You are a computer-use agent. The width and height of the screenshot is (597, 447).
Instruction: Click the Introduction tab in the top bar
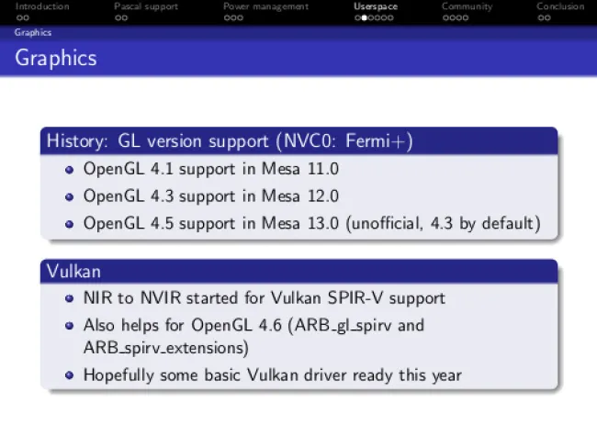[x=42, y=6]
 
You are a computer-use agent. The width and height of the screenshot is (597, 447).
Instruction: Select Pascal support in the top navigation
[x=146, y=6]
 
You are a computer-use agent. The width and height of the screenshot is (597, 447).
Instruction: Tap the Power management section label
[x=265, y=6]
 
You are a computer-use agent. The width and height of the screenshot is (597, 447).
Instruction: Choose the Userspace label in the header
[x=376, y=6]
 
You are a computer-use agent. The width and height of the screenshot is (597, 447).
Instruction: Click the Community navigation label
[x=467, y=6]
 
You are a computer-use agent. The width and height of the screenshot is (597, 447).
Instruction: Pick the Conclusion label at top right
[x=560, y=6]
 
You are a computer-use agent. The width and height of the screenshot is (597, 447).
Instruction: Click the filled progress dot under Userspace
[x=364, y=17]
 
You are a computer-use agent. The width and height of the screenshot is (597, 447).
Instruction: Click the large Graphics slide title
[x=56, y=58]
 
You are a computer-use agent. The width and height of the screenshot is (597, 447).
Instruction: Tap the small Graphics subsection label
[x=33, y=32]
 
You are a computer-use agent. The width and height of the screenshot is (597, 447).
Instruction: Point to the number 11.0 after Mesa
[x=323, y=169]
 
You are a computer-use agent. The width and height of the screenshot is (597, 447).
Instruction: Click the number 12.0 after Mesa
[x=323, y=196]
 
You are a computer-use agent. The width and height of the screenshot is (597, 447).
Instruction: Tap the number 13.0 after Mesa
[x=323, y=223]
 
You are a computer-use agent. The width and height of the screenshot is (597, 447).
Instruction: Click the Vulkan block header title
[x=73, y=272]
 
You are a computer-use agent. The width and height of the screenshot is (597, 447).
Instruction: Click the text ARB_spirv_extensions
[x=166, y=348]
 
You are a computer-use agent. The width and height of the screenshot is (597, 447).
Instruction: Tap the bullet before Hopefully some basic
[x=69, y=375]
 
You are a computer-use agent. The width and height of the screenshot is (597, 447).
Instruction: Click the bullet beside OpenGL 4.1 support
[x=69, y=169]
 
